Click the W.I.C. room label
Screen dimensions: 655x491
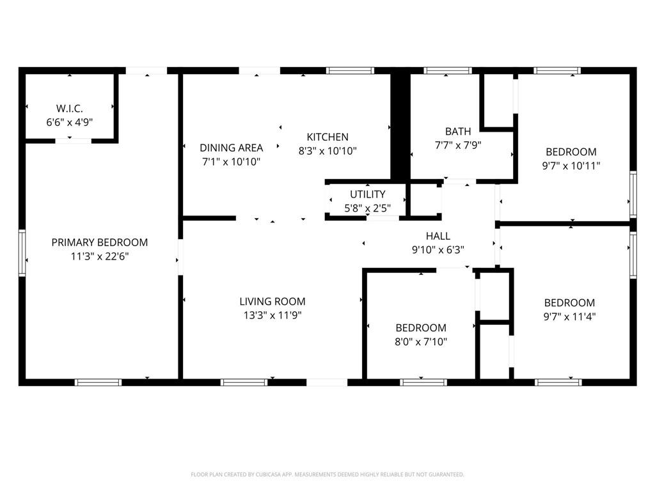click(69, 109)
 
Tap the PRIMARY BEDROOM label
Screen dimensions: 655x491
click(99, 242)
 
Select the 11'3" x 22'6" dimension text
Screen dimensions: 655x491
click(99, 256)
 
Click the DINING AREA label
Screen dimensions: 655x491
click(232, 148)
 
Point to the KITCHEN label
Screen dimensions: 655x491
click(327, 137)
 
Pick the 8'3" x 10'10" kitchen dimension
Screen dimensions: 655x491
click(327, 151)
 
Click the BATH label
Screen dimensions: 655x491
click(458, 132)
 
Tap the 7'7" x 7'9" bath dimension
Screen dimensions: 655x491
click(458, 145)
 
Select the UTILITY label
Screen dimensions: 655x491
click(368, 194)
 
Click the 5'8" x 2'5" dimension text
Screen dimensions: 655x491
click(368, 208)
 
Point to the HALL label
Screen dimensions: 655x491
click(438, 236)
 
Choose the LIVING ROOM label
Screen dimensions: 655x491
click(272, 302)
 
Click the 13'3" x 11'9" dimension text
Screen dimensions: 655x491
click(272, 315)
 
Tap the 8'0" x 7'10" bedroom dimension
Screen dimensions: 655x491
click(421, 341)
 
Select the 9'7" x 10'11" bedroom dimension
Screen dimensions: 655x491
click(571, 166)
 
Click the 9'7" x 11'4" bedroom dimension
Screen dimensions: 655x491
click(569, 316)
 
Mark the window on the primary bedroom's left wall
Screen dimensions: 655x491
click(22, 253)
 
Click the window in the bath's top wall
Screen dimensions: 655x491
click(447, 70)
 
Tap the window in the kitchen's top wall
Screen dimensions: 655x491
click(350, 70)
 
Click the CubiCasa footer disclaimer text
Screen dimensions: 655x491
click(327, 474)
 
